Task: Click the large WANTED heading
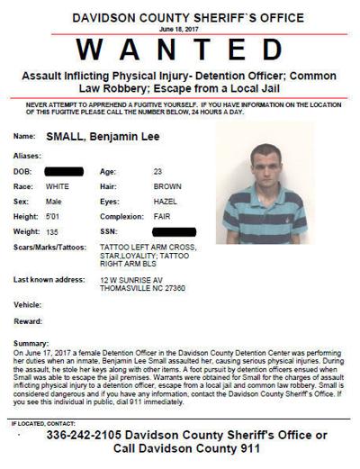point(180,46)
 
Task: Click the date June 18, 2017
point(180,28)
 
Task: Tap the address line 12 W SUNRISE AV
point(132,280)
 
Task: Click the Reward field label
point(28,320)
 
